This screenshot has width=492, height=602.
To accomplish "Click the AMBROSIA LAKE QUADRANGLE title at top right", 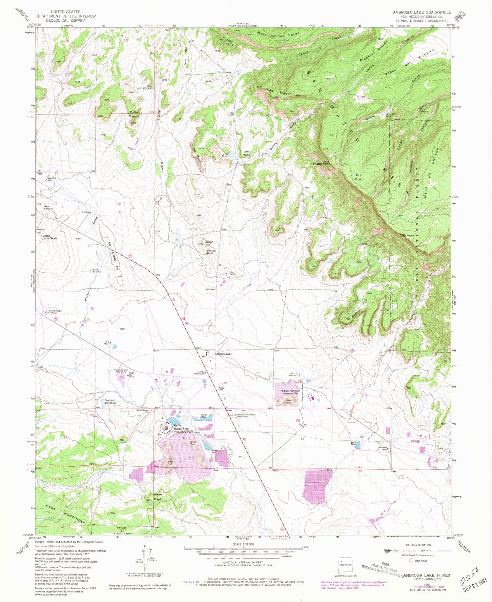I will (x=422, y=12).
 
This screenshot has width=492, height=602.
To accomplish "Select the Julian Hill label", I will (x=209, y=243).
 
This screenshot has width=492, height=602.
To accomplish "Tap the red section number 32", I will (x=244, y=439).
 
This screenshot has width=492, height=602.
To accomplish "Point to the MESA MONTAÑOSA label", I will (x=65, y=514).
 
